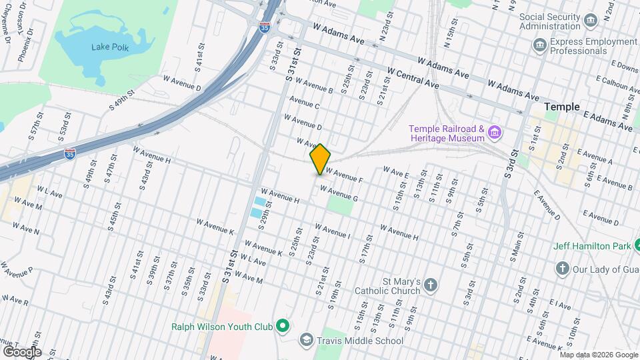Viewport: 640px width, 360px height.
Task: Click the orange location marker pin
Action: click(x=321, y=159)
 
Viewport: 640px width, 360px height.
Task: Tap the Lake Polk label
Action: click(x=110, y=48)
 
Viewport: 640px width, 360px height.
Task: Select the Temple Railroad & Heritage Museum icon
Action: click(x=495, y=133)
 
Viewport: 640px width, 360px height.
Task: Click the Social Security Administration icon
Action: click(x=590, y=21)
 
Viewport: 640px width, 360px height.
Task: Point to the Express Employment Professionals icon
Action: click(x=540, y=46)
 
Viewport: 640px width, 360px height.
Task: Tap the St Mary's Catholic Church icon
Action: click(x=431, y=286)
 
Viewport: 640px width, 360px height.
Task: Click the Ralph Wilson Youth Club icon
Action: click(x=283, y=327)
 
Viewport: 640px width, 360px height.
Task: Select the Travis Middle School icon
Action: click(x=306, y=341)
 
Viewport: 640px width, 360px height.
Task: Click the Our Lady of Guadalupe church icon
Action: click(x=562, y=268)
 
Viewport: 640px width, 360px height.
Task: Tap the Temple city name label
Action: click(x=562, y=107)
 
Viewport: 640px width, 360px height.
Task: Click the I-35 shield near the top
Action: click(x=265, y=27)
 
